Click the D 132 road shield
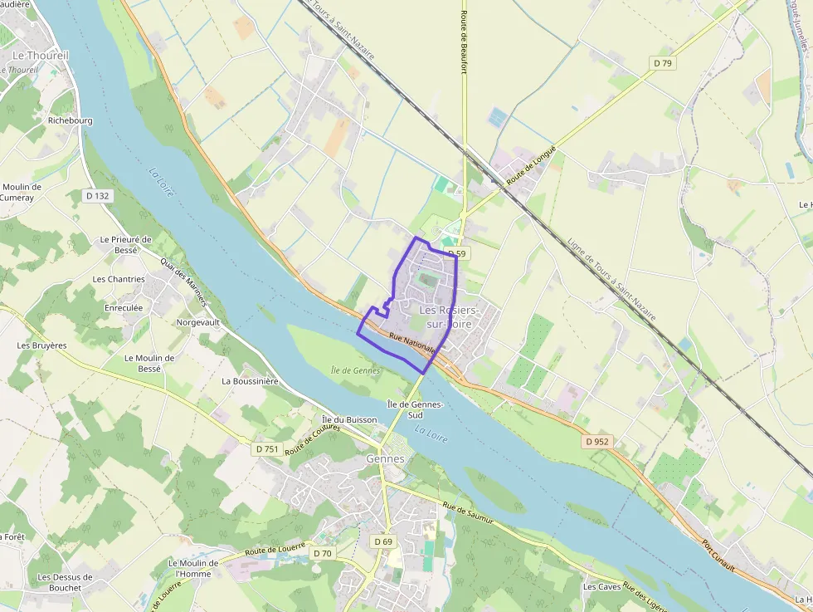(97, 196)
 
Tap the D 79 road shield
(661, 62)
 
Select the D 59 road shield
(455, 253)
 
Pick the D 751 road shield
(267, 449)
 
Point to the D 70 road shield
(323, 553)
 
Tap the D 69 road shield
(382, 541)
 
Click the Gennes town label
(385, 458)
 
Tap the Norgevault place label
(199, 322)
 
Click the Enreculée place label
(124, 307)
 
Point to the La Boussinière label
(249, 381)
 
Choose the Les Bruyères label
(41, 345)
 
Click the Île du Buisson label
(349, 420)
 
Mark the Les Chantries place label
(119, 279)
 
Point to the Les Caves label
(601, 587)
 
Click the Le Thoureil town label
(41, 55)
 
